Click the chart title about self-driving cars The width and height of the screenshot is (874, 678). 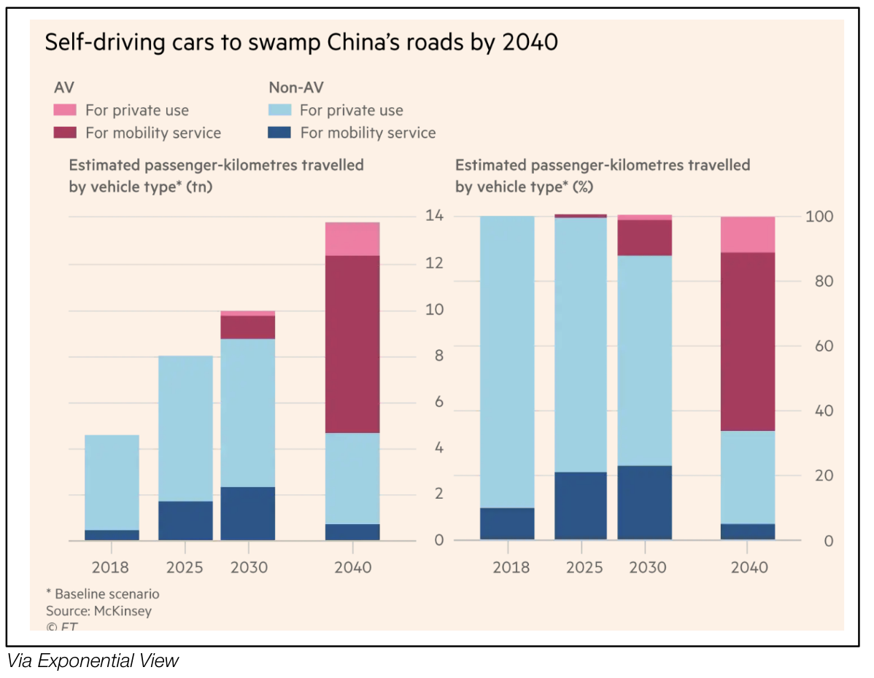(x=301, y=42)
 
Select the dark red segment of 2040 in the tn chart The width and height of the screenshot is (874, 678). (x=352, y=344)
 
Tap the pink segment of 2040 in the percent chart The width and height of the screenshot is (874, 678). (x=748, y=234)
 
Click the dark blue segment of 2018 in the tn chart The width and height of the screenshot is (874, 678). (x=112, y=535)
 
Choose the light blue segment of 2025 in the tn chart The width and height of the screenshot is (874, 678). (x=185, y=428)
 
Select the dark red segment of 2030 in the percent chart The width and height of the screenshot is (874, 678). (x=644, y=237)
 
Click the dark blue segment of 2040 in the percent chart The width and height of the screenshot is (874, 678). (x=748, y=531)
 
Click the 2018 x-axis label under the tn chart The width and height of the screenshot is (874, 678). (x=112, y=567)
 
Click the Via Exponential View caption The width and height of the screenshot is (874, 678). (x=93, y=661)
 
